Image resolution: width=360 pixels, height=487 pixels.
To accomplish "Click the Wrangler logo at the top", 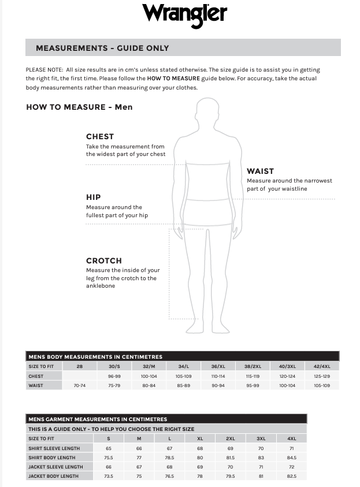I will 184,14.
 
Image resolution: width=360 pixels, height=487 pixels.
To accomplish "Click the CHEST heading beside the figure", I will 100,137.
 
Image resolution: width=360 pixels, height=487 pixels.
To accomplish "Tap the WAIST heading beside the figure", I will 260,171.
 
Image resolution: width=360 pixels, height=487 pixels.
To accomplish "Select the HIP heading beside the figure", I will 94,197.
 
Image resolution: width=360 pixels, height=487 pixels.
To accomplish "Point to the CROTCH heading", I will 104,261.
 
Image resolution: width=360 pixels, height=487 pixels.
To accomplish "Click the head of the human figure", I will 207,111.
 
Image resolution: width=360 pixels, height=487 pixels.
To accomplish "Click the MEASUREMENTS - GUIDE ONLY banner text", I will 102,48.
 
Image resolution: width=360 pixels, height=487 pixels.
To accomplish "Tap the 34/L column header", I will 184,366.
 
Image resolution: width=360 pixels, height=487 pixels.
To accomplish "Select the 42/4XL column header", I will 321,366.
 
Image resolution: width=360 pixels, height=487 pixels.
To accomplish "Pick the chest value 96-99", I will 114,376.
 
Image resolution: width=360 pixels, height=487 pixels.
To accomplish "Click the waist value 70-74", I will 80,385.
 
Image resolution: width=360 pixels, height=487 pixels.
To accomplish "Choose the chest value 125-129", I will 321,376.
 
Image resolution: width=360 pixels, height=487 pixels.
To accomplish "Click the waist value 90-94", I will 218,385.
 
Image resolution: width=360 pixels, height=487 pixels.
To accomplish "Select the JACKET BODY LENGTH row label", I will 53,476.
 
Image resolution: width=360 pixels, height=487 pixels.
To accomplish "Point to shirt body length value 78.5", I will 169,458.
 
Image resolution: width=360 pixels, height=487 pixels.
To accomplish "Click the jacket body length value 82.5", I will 291,476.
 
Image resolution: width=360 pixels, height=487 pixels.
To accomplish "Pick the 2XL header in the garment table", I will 230,439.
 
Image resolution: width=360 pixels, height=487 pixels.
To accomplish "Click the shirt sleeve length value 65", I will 109,448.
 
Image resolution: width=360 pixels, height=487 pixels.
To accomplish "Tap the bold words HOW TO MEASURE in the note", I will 173,78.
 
